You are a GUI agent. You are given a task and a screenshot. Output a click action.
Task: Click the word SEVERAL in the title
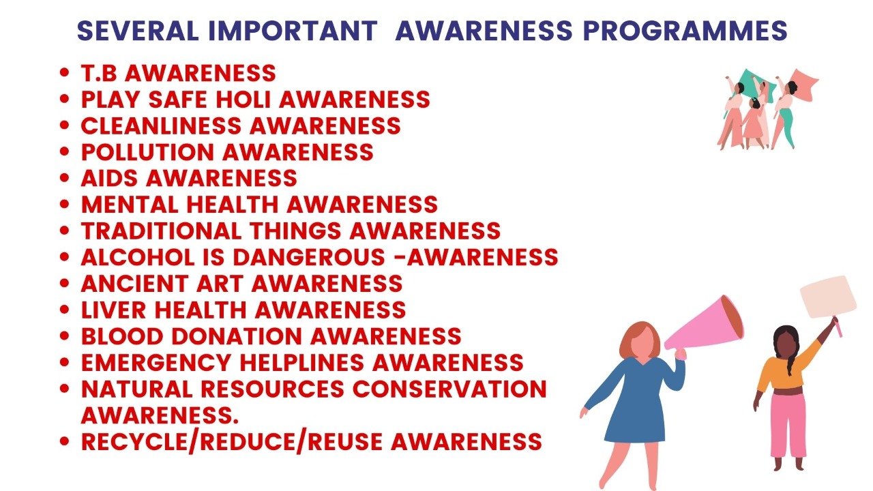click(x=138, y=31)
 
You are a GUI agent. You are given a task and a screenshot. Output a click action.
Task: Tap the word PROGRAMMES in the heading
click(x=685, y=31)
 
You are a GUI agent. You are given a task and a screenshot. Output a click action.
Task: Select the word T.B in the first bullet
click(x=99, y=73)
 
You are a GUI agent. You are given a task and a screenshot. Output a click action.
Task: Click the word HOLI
click(x=243, y=100)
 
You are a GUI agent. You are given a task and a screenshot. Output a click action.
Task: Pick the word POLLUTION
click(x=148, y=152)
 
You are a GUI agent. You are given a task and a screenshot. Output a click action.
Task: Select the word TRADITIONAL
click(x=162, y=231)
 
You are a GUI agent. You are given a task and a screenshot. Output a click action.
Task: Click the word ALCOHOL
click(x=138, y=257)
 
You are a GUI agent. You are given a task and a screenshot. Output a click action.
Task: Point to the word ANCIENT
click(x=135, y=284)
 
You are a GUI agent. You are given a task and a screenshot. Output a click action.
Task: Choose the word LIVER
click(x=113, y=310)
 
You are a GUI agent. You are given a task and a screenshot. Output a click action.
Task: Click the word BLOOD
click(x=122, y=336)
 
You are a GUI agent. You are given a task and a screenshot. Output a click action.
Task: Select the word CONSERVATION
click(x=450, y=389)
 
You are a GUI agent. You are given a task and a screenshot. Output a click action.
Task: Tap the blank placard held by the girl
click(x=828, y=297)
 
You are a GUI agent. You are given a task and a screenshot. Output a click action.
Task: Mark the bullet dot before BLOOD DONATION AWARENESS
click(x=65, y=336)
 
